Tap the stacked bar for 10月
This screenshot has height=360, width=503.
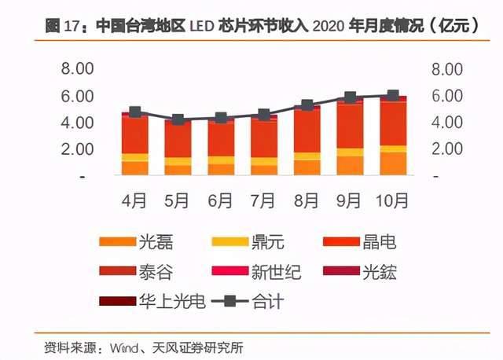[393, 138]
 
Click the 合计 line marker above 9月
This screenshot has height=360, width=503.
[350, 98]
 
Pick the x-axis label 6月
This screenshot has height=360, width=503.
[221, 200]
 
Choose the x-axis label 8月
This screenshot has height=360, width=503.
[307, 200]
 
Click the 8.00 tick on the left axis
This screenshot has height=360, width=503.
[79, 69]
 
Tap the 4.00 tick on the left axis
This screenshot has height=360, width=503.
[79, 123]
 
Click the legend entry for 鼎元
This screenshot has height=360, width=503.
[266, 242]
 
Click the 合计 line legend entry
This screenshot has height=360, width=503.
[259, 300]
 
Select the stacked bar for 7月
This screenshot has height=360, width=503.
[264, 148]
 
